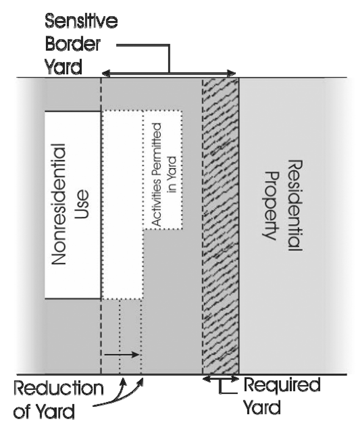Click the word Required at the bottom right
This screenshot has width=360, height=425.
tap(281, 385)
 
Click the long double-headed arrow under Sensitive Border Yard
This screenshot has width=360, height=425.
tap(169, 73)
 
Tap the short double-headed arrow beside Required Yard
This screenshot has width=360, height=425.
tap(220, 378)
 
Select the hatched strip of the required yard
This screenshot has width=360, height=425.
tap(220, 227)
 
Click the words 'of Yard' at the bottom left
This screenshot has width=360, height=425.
tap(44, 411)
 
